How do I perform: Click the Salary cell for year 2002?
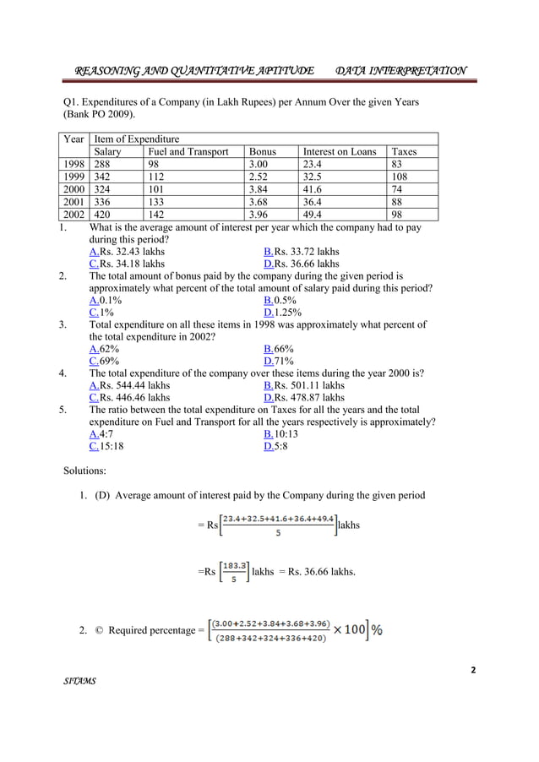point(102,215)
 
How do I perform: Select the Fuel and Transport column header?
point(188,152)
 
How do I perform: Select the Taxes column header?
point(405,152)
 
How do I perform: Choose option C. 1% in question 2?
point(101,312)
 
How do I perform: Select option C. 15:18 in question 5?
point(106,446)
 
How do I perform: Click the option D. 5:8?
point(275,446)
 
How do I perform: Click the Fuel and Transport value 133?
point(157,202)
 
